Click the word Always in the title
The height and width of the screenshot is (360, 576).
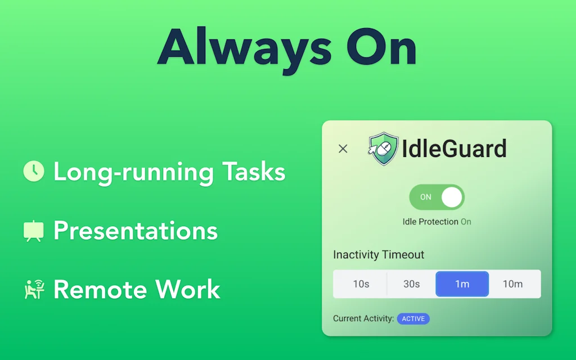point(244,50)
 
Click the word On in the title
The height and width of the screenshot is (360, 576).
point(381,47)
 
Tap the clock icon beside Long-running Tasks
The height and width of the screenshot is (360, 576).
point(34,171)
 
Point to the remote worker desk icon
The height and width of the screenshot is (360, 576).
point(34,290)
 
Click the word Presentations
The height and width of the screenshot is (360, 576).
point(136,231)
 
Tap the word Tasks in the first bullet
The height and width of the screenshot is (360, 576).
point(254,172)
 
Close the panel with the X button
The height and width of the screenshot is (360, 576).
point(343,148)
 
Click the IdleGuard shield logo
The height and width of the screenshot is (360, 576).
point(384,148)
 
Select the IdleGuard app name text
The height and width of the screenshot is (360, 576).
point(454,148)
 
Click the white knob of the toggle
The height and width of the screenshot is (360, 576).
point(452,197)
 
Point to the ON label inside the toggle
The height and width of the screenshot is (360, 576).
point(426,197)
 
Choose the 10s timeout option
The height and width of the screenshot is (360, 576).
point(361,284)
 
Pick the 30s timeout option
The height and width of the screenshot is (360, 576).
point(411,284)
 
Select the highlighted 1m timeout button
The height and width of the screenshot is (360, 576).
point(462,284)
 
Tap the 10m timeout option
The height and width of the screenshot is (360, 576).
point(513,284)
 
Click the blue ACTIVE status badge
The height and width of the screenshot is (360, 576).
point(413,318)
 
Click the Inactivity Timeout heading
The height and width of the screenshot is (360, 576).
point(379,255)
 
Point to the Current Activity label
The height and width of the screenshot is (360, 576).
point(363,318)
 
